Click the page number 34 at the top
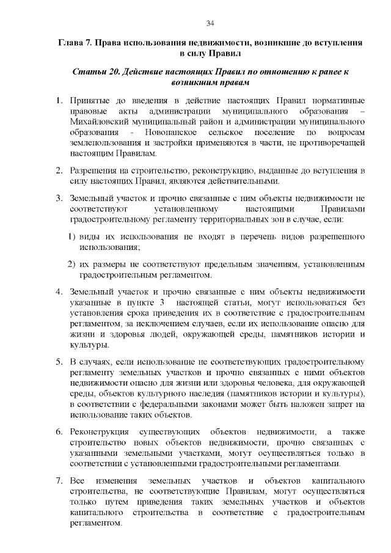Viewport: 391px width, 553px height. (210, 23)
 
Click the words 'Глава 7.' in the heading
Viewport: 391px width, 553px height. (76, 43)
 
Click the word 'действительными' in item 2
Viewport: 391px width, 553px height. (247, 180)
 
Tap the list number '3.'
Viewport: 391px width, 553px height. (59, 199)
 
